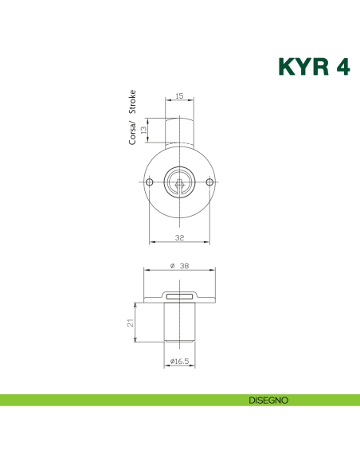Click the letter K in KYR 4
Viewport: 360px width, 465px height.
[288, 66]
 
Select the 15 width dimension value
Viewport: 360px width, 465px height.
[178, 96]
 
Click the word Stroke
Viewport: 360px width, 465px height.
[133, 103]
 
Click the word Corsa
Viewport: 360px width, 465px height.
[133, 132]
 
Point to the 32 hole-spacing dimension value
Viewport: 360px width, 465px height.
[179, 237]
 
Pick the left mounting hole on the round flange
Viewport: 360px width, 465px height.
[150, 184]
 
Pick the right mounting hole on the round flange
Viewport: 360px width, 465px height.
[209, 184]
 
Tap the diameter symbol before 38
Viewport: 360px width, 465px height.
[171, 267]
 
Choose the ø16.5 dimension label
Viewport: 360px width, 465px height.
[180, 362]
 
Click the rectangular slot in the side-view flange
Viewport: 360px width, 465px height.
[180, 296]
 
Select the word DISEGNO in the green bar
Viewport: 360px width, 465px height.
[268, 400]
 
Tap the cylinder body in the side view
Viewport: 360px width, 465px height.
[180, 322]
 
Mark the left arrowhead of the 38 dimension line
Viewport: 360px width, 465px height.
[147, 272]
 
